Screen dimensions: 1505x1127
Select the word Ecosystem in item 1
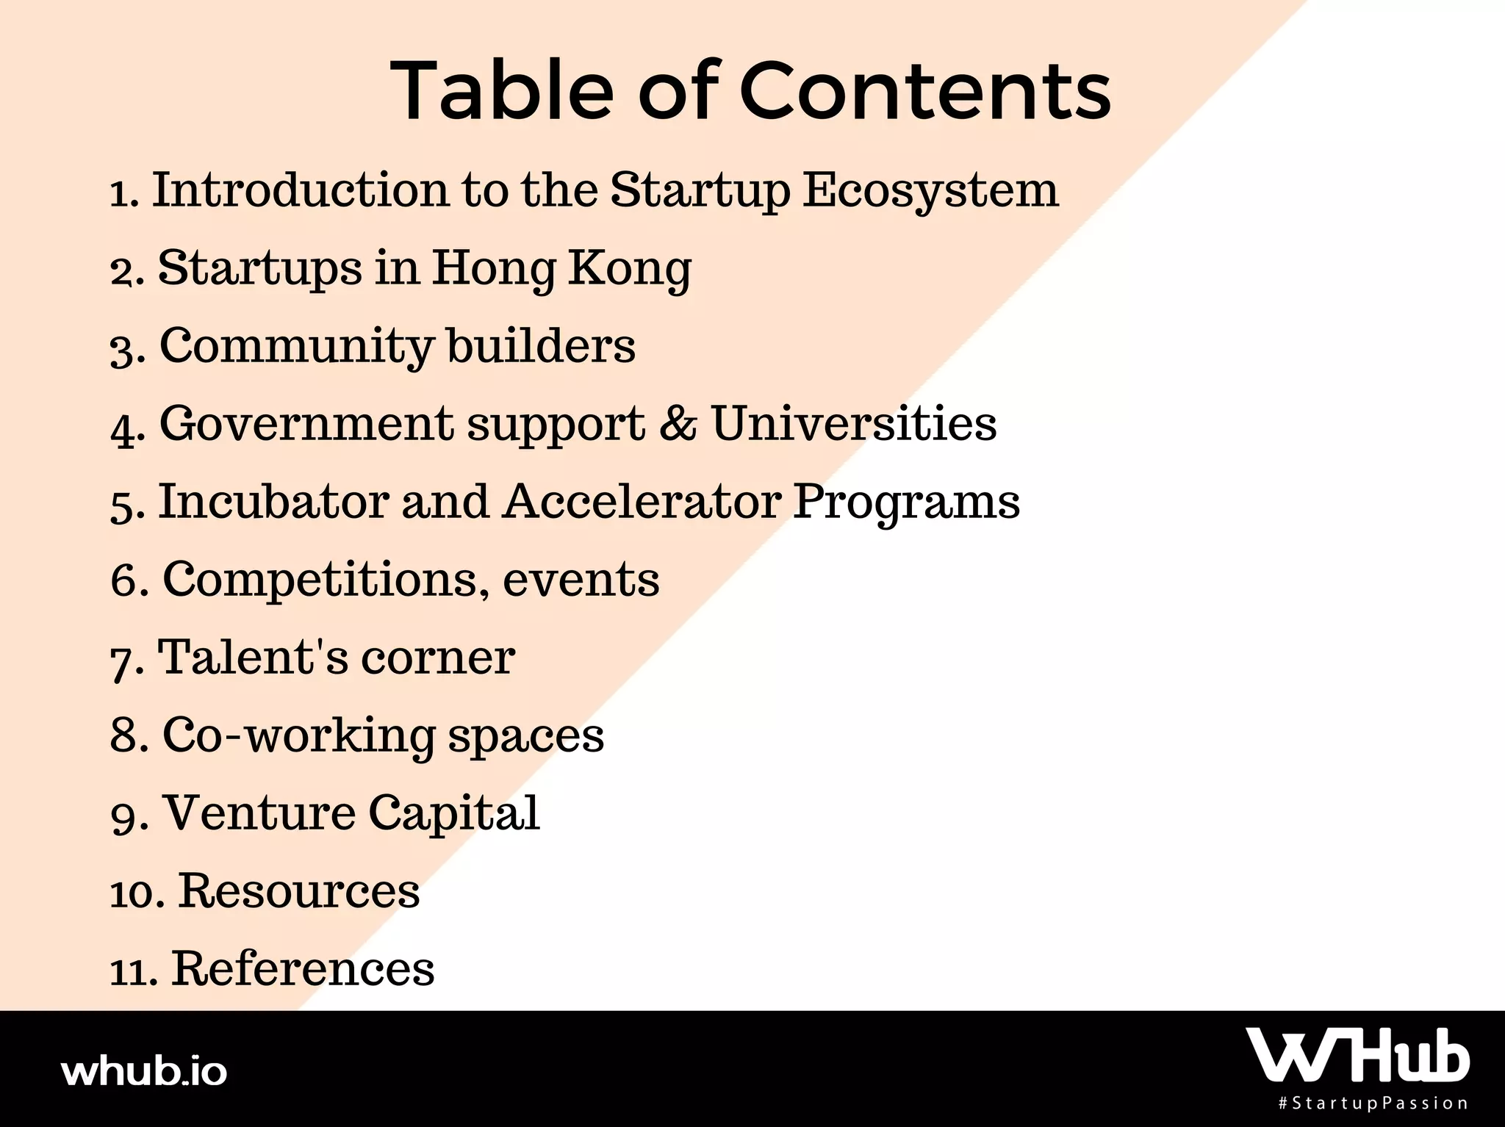[x=930, y=191]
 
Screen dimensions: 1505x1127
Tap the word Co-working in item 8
[x=298, y=736]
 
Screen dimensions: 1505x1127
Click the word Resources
[x=299, y=890]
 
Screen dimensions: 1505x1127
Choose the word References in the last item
[x=303, y=968]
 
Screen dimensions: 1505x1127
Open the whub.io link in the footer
[x=144, y=1071]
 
